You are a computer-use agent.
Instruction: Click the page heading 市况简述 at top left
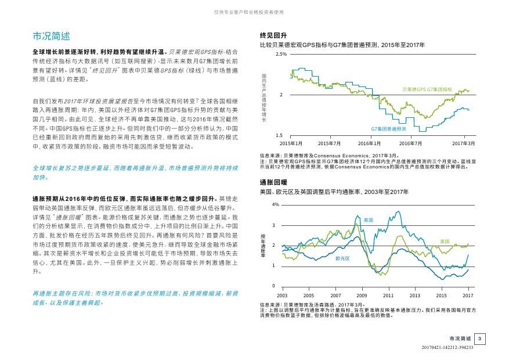(x=51, y=36)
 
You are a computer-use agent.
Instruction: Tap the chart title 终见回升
(x=273, y=35)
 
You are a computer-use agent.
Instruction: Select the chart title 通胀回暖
(x=273, y=182)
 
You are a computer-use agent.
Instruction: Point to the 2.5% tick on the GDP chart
(x=281, y=54)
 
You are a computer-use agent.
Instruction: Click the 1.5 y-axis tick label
(x=279, y=136)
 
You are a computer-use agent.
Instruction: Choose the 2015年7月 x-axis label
(x=329, y=143)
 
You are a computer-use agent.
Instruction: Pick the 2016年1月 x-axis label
(x=369, y=143)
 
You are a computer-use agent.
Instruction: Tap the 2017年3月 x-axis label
(x=464, y=143)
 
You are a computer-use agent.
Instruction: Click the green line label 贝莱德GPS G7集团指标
(x=427, y=89)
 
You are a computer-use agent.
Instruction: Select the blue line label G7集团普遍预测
(x=388, y=129)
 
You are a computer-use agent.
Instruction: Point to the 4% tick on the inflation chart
(x=276, y=204)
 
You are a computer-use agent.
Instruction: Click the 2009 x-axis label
(x=362, y=296)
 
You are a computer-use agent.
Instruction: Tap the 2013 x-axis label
(x=414, y=296)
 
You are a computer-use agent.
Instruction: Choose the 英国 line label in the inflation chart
(x=369, y=220)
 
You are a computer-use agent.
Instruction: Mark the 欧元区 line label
(x=342, y=259)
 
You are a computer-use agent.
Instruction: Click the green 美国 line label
(x=445, y=242)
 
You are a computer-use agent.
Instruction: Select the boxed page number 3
(x=480, y=339)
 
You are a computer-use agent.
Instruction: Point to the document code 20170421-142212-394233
(x=447, y=347)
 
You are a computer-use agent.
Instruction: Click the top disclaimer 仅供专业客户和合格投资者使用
(x=249, y=12)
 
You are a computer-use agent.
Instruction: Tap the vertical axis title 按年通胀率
(x=263, y=246)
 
